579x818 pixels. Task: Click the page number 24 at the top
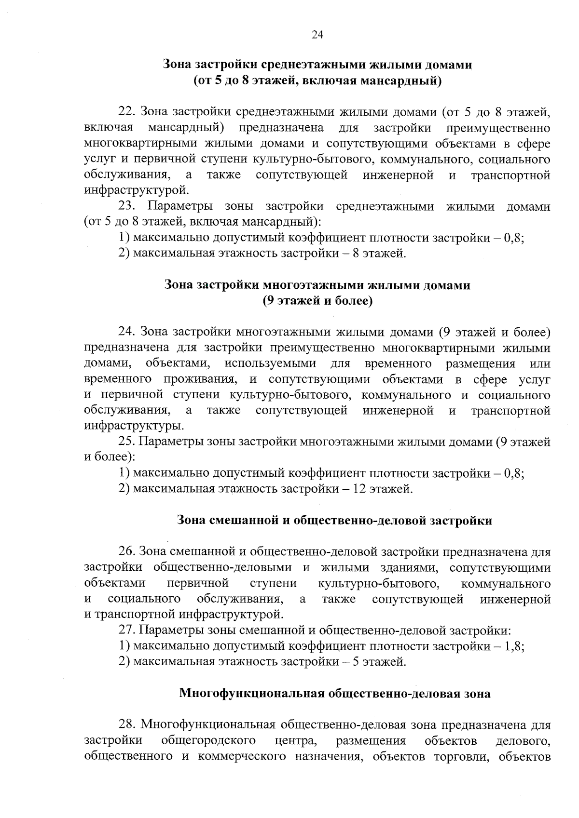coord(317,35)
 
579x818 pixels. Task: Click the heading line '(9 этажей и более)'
coord(317,301)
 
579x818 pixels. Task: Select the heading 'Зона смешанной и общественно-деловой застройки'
coord(334,521)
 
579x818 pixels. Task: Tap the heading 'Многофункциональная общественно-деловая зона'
coord(335,694)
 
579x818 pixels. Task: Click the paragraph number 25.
coord(127,442)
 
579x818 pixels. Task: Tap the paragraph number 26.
coord(127,552)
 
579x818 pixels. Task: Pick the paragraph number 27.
coord(127,630)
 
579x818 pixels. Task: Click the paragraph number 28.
coord(127,725)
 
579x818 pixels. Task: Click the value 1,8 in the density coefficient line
coord(513,646)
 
